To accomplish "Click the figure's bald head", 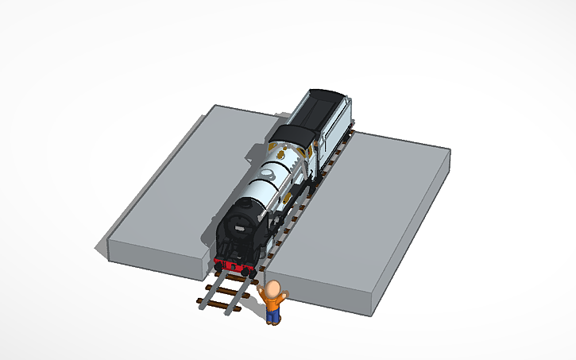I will [x=274, y=288].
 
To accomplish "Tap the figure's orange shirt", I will [x=273, y=302].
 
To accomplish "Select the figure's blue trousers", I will [x=273, y=316].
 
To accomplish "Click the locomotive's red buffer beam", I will [x=235, y=265].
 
